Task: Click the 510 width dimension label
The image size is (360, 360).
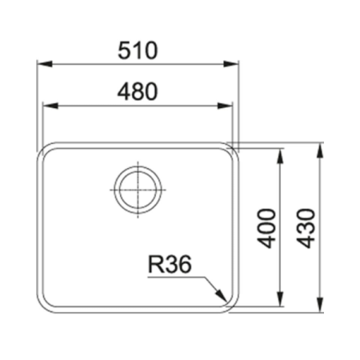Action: pos(138,50)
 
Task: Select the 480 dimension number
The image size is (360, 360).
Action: pos(138,92)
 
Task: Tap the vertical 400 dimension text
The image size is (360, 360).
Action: pos(266,229)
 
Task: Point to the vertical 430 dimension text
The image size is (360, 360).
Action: pos(306,229)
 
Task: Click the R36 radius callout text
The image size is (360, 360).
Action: pos(170,264)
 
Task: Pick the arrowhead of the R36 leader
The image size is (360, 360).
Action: pos(222,295)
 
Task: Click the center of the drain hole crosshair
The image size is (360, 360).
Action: pos(138,190)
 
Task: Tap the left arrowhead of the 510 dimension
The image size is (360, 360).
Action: pos(45,64)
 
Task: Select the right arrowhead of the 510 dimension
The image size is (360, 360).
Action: pos(231,64)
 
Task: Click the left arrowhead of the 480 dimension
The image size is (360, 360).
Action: pos(50,106)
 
